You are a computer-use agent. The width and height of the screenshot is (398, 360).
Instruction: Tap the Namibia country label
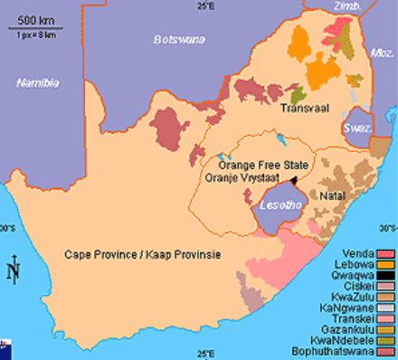pyautogui.click(x=37, y=82)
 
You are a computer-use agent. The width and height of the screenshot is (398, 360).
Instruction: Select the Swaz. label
pyautogui.click(x=357, y=129)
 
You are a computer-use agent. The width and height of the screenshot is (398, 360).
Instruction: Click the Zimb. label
pyautogui.click(x=346, y=7)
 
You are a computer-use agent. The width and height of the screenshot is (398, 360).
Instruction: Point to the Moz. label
pyautogui.click(x=384, y=53)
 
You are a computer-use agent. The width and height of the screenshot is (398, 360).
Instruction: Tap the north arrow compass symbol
pyautogui.click(x=12, y=270)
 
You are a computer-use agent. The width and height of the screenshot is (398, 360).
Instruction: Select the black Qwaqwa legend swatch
pyautogui.click(x=387, y=279)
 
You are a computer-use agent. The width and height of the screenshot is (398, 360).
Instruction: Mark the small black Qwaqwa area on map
pyautogui.click(x=294, y=181)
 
